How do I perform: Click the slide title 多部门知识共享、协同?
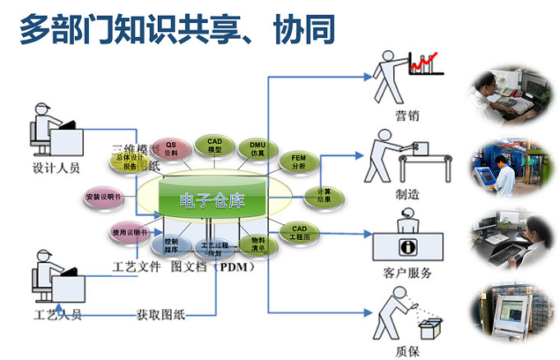click(x=177, y=30)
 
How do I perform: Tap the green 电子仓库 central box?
click(x=213, y=200)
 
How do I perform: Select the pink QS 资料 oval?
click(x=171, y=148)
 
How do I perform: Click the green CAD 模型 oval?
click(x=215, y=145)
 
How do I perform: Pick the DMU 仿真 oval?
click(x=257, y=149)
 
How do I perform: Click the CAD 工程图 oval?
click(x=299, y=232)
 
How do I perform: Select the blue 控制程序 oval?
click(x=172, y=244)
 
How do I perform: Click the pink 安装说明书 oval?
click(x=104, y=197)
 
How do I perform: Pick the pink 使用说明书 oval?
click(x=130, y=233)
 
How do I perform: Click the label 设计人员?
click(x=56, y=167)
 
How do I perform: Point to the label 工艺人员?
click(x=56, y=315)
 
